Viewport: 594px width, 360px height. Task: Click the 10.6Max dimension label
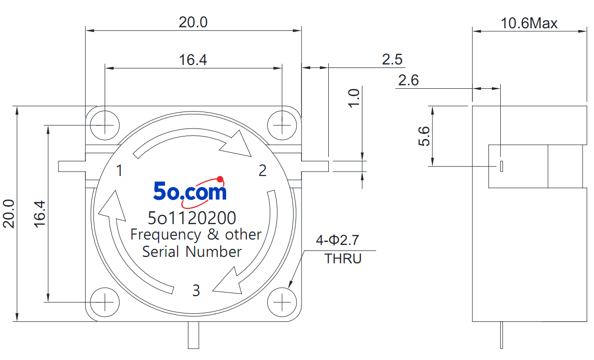click(x=529, y=23)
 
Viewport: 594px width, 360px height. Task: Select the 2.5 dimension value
click(x=392, y=60)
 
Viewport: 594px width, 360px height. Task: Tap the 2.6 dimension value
click(x=409, y=80)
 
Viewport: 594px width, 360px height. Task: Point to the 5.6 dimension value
click(x=424, y=136)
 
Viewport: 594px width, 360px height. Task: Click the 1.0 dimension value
click(x=354, y=98)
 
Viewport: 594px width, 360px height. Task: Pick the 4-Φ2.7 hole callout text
click(x=338, y=240)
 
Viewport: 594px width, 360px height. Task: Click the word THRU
click(x=343, y=258)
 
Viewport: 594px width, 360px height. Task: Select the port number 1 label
click(x=119, y=171)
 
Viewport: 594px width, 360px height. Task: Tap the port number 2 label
click(x=262, y=171)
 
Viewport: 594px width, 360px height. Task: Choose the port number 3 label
click(x=196, y=290)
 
